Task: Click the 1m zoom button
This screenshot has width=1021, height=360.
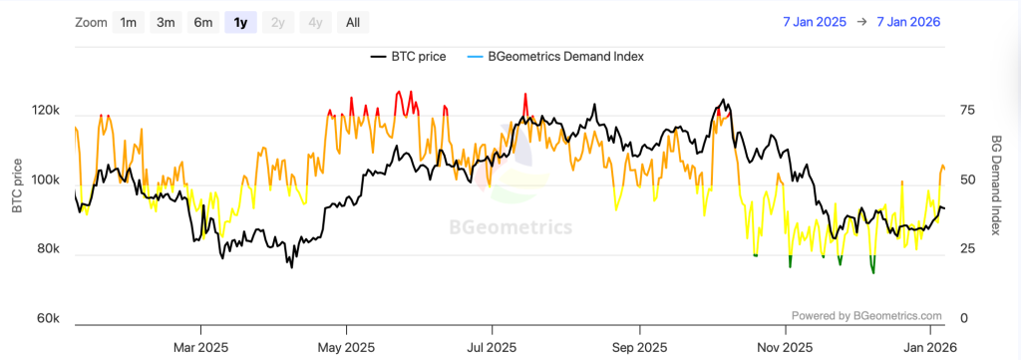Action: (129, 22)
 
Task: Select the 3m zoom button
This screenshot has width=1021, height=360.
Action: (166, 22)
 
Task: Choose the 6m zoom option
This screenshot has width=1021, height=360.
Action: (202, 22)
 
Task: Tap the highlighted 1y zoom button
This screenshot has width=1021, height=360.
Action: (240, 22)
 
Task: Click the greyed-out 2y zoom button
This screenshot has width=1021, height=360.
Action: (277, 22)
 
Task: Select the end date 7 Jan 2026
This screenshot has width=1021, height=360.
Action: (908, 22)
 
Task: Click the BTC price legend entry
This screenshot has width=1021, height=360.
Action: (409, 57)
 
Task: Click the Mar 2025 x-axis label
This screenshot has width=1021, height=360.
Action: (200, 348)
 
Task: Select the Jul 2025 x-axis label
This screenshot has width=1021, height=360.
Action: (492, 348)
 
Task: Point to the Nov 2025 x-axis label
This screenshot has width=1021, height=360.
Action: (783, 348)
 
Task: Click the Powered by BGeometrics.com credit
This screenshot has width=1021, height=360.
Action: (866, 315)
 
